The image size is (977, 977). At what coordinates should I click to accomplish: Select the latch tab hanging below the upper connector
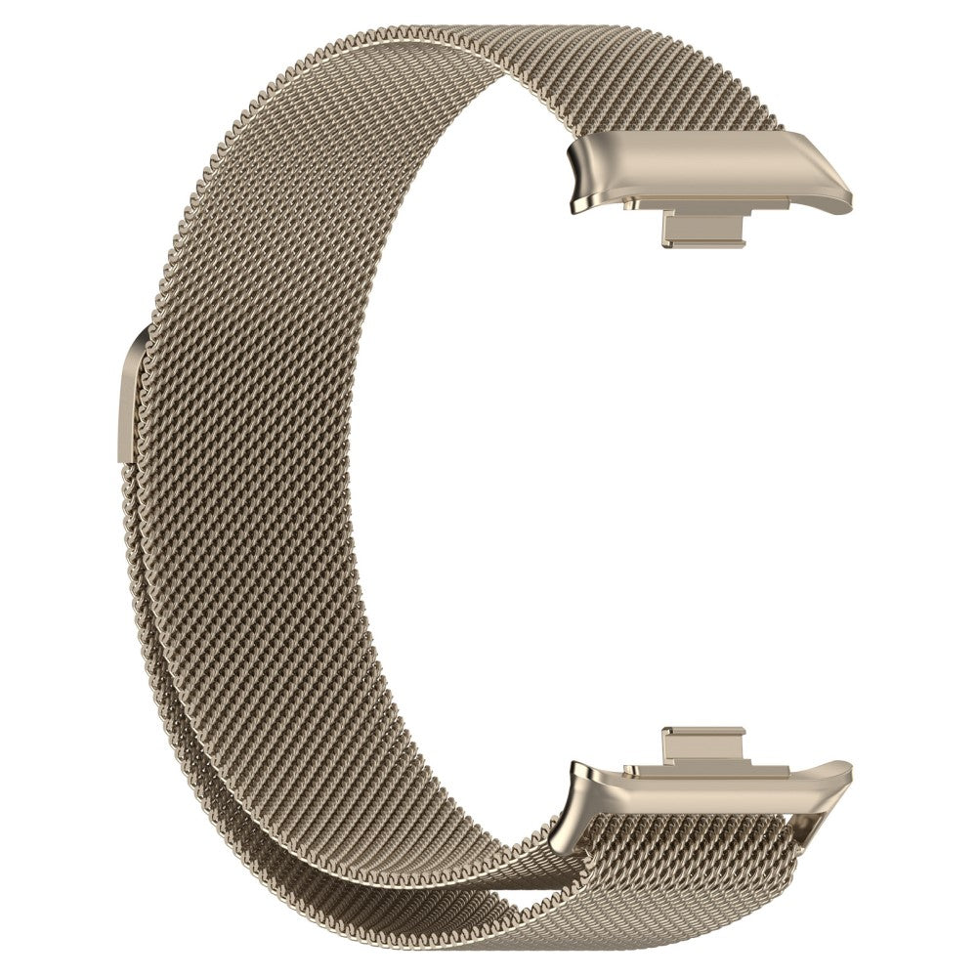tap(703, 231)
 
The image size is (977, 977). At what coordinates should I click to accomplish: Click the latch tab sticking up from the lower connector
tap(703, 746)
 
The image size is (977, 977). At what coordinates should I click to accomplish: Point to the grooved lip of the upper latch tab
tap(703, 242)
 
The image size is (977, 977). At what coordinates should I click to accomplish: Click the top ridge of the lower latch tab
tap(703, 732)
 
